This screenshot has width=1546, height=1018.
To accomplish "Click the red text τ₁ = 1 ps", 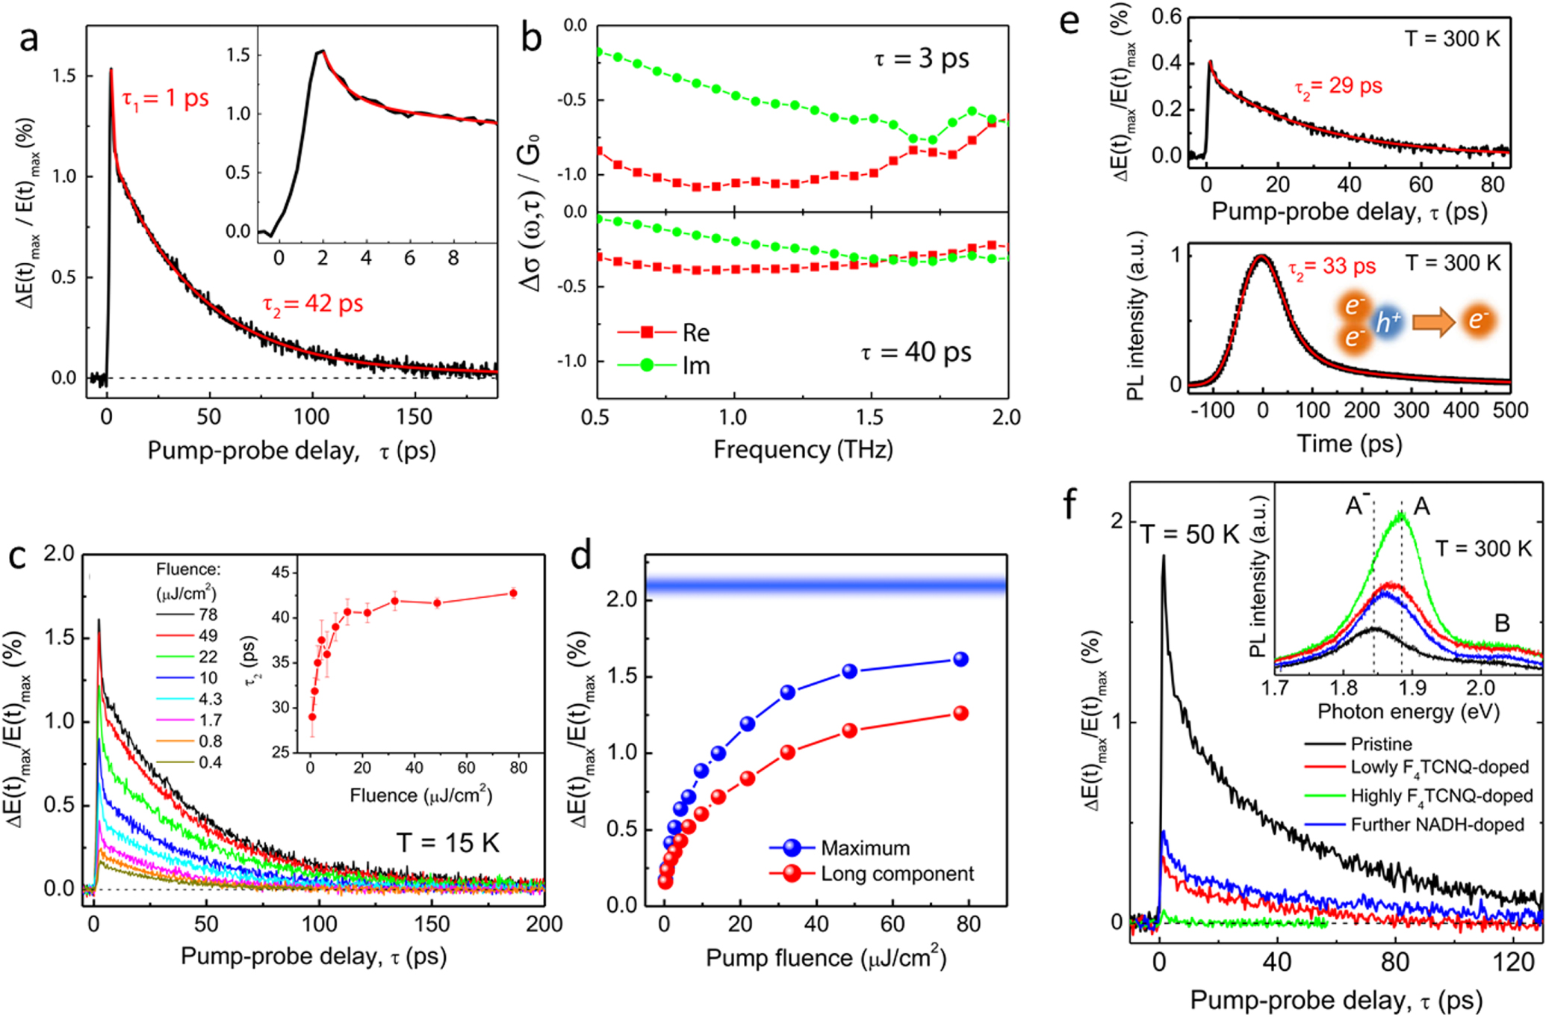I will [165, 98].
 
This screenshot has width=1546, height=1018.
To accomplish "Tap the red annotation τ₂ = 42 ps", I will [313, 304].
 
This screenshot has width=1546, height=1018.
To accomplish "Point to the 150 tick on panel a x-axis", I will [413, 416].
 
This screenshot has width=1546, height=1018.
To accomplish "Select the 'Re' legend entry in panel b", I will [695, 333].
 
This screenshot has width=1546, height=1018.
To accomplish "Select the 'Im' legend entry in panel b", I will [695, 365].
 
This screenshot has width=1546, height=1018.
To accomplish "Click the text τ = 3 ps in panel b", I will [921, 58].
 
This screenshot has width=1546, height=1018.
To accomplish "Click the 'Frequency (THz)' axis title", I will [802, 449].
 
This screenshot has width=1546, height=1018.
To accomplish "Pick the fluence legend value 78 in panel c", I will [208, 614].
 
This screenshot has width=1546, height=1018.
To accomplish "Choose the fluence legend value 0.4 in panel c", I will [210, 762].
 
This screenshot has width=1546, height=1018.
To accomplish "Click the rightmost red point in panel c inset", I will [513, 593].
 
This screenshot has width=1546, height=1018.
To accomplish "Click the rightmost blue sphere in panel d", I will [961, 659].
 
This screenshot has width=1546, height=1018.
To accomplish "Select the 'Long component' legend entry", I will [896, 874].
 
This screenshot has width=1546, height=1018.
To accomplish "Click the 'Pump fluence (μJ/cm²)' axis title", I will [825, 958].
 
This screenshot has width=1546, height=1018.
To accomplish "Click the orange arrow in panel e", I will [1432, 323].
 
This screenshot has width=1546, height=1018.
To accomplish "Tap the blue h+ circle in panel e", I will [1388, 323].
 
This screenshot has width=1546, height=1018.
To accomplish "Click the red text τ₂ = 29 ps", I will [1338, 86].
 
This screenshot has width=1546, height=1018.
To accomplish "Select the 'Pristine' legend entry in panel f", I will [1381, 744].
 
